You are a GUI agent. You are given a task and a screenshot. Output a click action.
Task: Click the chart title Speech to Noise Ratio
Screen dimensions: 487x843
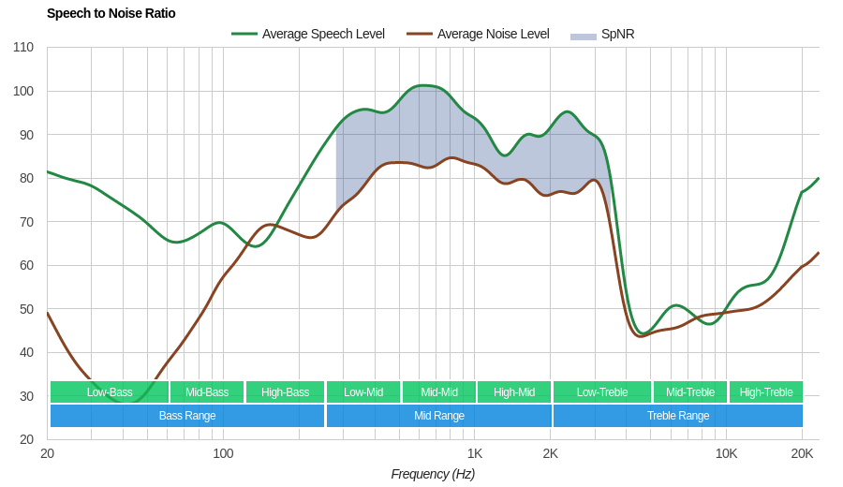pos(111,13)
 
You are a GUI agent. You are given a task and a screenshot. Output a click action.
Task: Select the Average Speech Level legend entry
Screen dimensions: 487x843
pos(308,34)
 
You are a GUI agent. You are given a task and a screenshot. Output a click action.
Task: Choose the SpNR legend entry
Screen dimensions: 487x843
pos(603,34)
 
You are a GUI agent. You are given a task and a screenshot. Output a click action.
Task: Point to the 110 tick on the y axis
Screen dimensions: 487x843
pos(23,47)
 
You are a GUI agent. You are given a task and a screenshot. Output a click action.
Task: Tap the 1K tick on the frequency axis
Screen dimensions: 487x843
pos(475,453)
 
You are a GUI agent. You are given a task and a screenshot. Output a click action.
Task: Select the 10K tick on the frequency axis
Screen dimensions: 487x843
pos(726,453)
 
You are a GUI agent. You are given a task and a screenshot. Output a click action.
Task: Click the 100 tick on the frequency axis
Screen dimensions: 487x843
pos(223,453)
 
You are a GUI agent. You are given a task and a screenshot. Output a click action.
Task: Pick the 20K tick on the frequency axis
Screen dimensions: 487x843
pos(802,453)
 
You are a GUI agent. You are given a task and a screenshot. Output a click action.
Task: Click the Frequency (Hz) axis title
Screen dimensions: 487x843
pos(433,474)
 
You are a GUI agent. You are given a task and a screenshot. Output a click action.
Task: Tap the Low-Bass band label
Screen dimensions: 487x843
pos(110,391)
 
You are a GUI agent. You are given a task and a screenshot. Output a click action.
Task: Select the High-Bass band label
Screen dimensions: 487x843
pos(285,391)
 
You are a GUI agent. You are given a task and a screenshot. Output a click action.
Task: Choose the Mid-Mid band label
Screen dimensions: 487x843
pos(438,391)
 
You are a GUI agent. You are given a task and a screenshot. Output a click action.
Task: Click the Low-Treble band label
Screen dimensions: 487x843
pos(602,391)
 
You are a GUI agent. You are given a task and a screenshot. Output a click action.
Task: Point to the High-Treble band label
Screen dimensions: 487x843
pos(765,391)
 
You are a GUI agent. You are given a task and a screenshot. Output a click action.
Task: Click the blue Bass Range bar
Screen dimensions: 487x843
pos(187,416)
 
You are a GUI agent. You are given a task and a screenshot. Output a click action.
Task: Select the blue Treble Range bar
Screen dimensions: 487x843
pos(678,416)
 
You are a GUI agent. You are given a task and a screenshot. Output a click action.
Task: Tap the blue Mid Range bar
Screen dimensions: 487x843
pos(438,416)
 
